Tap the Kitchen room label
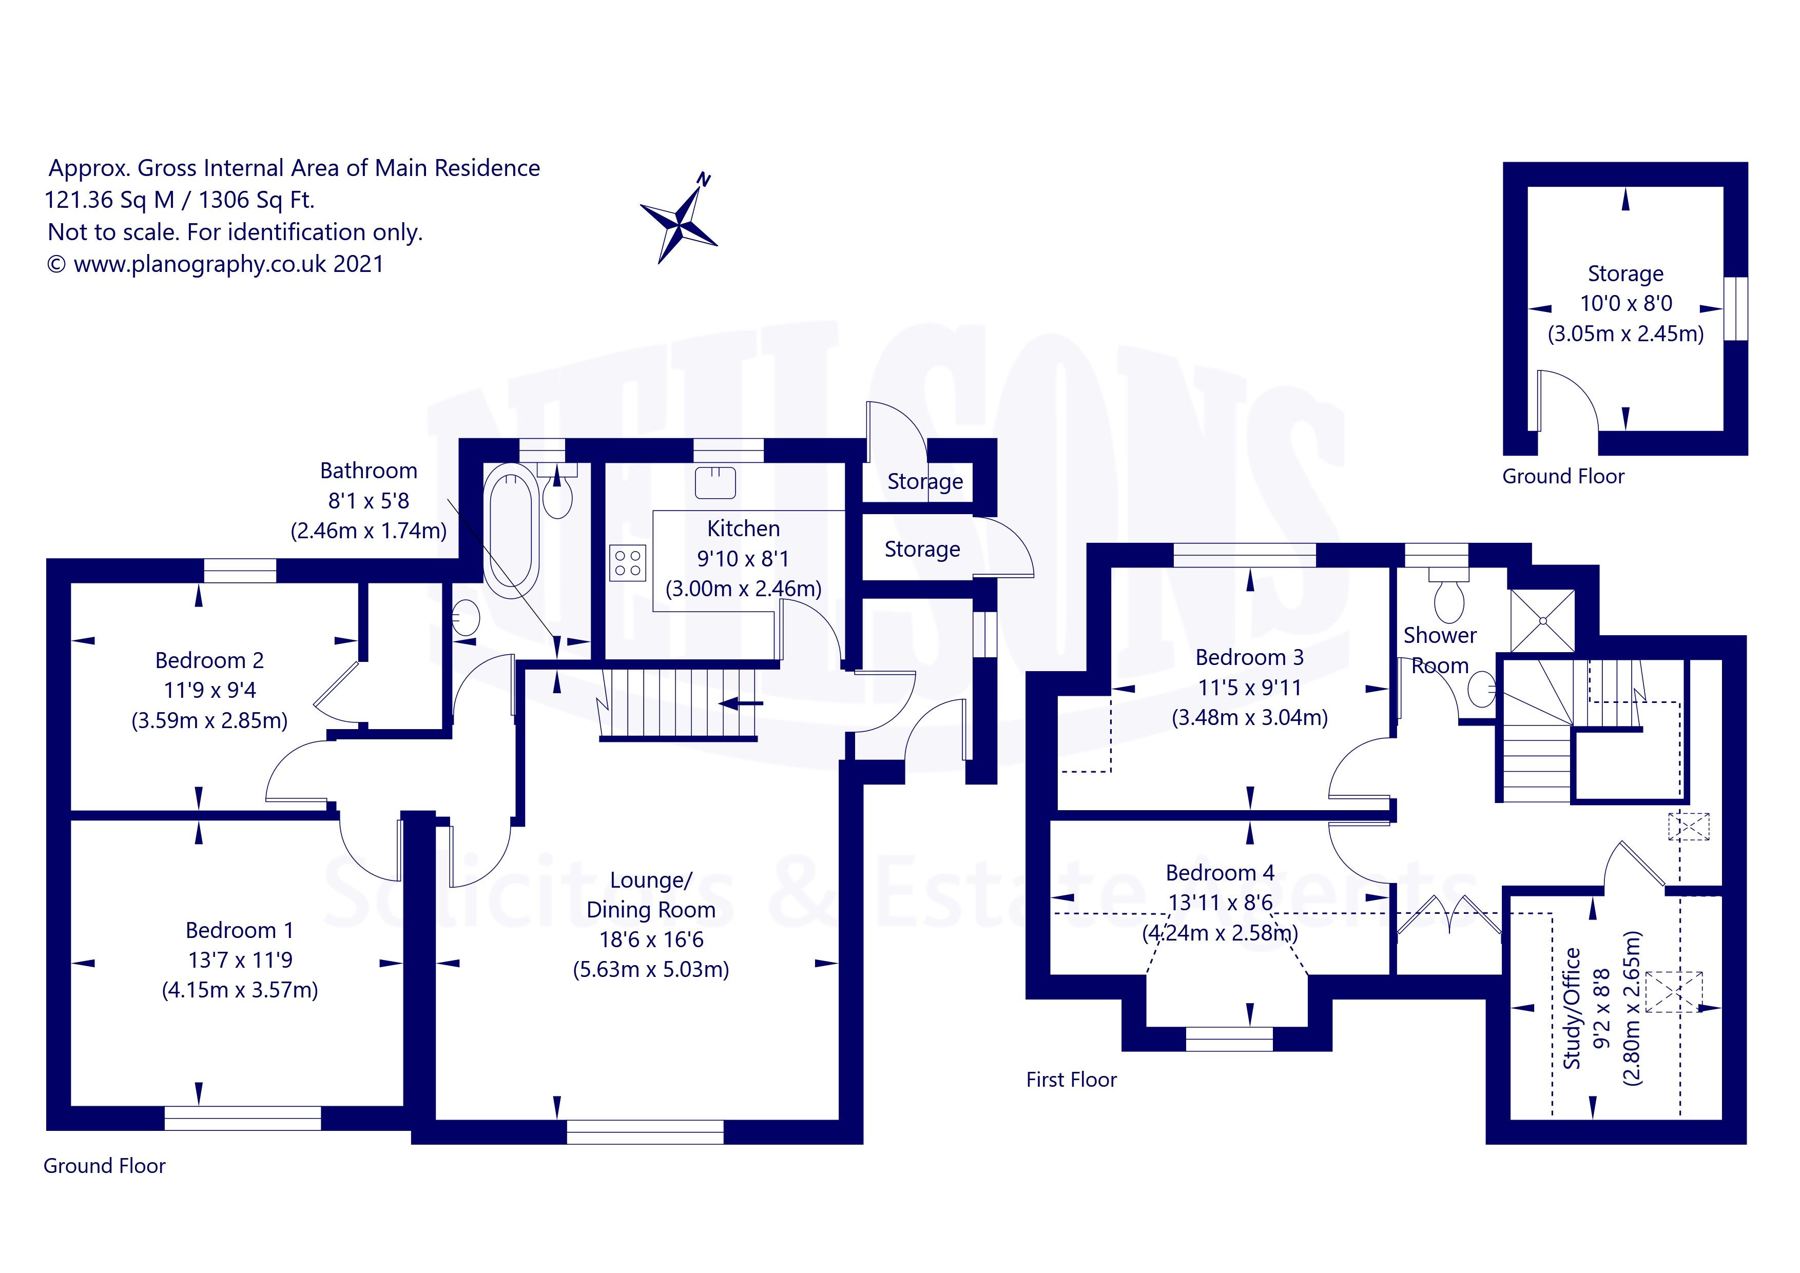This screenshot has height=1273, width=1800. (743, 528)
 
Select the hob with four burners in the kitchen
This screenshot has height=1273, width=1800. (627, 563)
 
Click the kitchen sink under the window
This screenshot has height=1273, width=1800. (715, 482)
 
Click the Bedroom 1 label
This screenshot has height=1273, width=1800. (239, 930)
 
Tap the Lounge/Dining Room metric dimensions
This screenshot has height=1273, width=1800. (651, 970)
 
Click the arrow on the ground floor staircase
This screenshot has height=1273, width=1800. (741, 703)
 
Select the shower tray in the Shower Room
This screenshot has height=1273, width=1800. (1542, 620)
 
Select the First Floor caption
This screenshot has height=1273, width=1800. (1071, 1080)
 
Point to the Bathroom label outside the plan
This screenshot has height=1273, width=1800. (369, 471)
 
